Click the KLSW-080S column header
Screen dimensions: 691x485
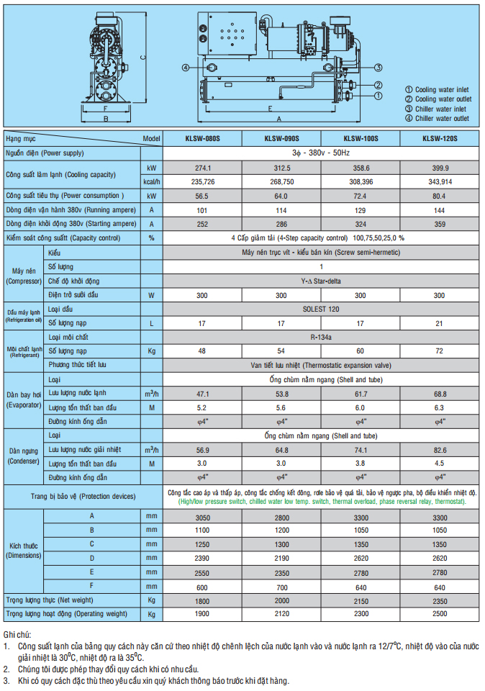pos(202,138)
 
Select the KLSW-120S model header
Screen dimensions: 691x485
pos(440,138)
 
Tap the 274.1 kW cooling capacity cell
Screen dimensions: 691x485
pos(202,168)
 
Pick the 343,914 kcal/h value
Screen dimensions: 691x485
pos(440,181)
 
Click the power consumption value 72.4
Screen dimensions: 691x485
pos(361,196)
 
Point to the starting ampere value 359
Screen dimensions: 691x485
pos(440,224)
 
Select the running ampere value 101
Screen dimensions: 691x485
pos(202,210)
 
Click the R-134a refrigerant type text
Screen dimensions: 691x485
pos(321,336)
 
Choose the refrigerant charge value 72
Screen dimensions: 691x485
pos(440,351)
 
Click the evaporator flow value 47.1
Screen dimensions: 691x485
pos(202,394)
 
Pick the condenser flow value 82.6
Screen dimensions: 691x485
pos(440,450)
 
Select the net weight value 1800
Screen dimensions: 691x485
pos(202,600)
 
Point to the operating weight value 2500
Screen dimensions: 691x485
pos(440,613)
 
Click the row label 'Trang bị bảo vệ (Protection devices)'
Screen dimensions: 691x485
pos(83,497)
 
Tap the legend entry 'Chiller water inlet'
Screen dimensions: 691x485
pos(440,109)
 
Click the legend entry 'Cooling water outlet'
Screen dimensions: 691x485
pos(443,99)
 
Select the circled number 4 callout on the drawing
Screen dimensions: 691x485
pos(186,68)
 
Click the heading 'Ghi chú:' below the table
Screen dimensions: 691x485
pos(17,636)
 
